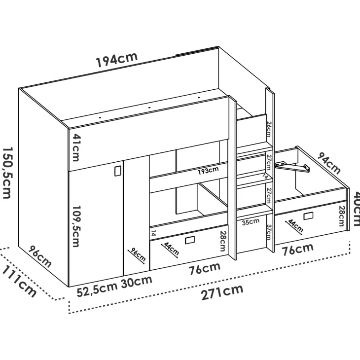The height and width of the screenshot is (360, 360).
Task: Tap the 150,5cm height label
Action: point(7,173)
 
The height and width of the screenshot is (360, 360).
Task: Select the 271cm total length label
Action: point(222,292)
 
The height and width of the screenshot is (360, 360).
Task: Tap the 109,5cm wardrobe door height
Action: point(76,226)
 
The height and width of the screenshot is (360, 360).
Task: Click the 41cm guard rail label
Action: point(76,147)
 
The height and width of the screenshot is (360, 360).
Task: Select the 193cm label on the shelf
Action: point(208,171)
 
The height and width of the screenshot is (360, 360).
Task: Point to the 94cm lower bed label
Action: point(329,163)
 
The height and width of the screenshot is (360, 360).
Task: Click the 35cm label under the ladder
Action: point(251,222)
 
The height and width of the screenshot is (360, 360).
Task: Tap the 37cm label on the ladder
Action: point(269,232)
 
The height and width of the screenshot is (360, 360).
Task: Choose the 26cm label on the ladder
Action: point(269,129)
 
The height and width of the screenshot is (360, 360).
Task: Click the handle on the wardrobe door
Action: point(117,171)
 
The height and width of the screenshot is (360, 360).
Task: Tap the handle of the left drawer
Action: point(190,240)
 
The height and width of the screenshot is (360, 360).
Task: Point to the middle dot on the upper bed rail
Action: point(149,108)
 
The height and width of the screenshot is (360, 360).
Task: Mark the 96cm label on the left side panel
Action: point(40,256)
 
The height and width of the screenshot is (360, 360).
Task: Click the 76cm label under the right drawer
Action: point(297,249)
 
